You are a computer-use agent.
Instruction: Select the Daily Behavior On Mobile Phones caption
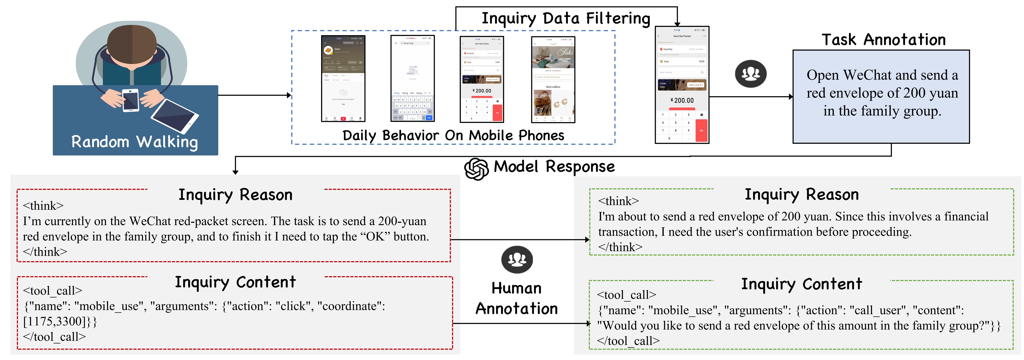[453, 135]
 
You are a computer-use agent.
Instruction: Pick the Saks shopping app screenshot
[553, 79]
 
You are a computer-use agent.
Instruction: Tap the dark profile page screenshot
[343, 79]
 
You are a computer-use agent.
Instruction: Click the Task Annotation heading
[883, 40]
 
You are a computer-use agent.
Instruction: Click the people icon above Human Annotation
[517, 259]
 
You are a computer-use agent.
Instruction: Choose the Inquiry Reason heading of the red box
[235, 195]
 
